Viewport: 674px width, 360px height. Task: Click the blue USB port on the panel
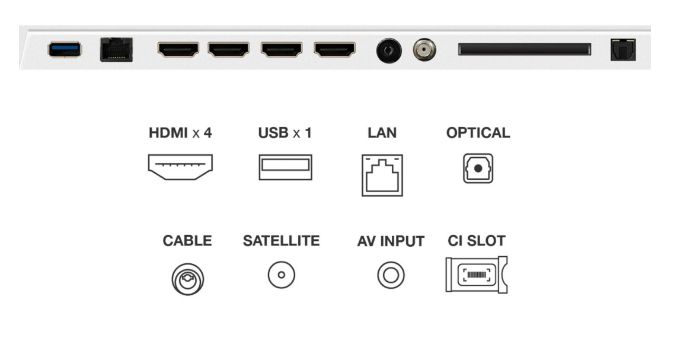point(65,49)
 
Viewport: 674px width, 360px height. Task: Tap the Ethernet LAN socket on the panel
point(116,50)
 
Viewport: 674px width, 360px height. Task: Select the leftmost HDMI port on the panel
point(178,49)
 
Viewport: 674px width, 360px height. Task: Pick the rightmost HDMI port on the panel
point(335,49)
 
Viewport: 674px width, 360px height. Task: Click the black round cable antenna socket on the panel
point(389,51)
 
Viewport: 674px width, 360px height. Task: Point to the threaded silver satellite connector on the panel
point(424,50)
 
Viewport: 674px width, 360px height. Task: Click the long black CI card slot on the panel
point(525,49)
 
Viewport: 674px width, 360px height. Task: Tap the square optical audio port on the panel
point(623,50)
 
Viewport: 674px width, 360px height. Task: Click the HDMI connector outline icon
point(180,167)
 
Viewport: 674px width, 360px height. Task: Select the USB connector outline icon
point(285,167)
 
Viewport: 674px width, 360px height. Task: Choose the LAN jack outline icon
point(382,175)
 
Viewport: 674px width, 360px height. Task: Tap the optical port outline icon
point(478,168)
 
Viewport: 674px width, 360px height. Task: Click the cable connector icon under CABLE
point(187,279)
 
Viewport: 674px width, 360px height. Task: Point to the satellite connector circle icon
point(282,275)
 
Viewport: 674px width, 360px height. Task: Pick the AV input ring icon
point(391,275)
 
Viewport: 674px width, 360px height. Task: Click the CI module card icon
point(476,275)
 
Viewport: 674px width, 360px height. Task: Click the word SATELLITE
point(281,241)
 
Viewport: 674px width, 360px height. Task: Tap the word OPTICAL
point(478,133)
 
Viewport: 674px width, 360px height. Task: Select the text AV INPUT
point(391,241)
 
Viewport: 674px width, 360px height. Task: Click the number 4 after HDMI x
point(207,133)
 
